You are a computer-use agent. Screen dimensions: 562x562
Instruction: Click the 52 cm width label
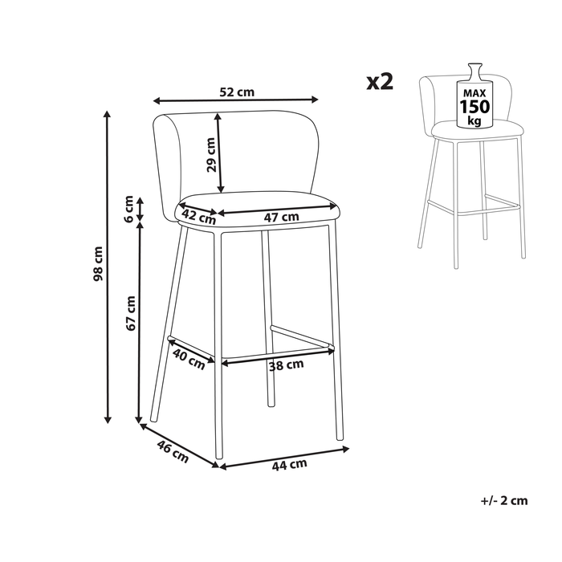click(237, 92)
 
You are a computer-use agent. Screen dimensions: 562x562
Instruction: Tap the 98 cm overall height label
click(98, 263)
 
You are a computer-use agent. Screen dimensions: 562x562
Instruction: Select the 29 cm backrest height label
click(211, 155)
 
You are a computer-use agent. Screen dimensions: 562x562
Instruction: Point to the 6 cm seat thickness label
click(128, 209)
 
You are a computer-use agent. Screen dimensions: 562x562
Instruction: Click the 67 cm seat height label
click(131, 313)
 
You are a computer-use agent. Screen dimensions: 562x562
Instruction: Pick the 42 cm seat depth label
click(199, 217)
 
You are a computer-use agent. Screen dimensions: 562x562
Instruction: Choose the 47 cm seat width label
click(281, 217)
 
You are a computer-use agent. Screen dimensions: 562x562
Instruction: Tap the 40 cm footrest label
click(189, 359)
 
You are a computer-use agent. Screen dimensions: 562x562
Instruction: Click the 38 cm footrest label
click(286, 365)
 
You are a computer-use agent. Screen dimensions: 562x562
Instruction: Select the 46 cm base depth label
click(173, 451)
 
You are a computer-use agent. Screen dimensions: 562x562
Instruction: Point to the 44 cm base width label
click(290, 465)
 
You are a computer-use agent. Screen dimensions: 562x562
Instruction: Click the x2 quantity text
click(380, 82)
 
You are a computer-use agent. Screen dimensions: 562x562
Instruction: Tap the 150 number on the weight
click(474, 107)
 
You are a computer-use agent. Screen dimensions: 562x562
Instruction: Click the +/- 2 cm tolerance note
click(504, 500)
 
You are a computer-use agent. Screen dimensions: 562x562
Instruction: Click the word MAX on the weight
click(474, 94)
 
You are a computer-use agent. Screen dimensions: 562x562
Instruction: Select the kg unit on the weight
click(474, 120)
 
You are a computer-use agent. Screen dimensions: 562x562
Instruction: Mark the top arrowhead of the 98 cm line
click(107, 114)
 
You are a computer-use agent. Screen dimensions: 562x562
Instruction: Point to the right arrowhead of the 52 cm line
click(315, 100)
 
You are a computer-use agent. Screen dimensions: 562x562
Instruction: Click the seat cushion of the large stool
click(257, 209)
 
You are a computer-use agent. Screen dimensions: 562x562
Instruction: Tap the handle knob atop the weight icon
click(475, 67)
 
